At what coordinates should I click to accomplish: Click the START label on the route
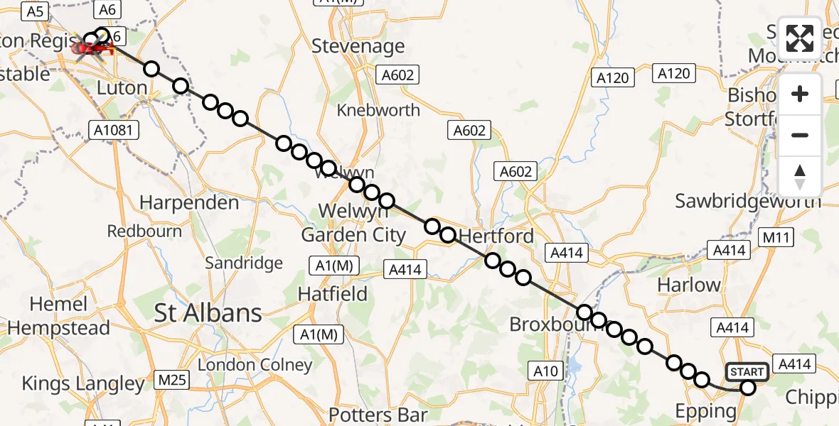(x=747, y=372)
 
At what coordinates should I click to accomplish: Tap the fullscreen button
(x=800, y=38)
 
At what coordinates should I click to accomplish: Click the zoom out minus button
(x=800, y=135)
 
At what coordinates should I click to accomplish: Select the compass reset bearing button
(x=800, y=177)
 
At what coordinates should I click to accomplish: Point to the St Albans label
(x=208, y=312)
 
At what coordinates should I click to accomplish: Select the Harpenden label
(x=189, y=203)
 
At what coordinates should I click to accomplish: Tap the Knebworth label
(x=378, y=110)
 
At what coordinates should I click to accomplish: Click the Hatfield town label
(x=333, y=293)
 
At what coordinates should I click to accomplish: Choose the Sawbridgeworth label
(x=748, y=201)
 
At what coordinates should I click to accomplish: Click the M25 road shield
(x=172, y=381)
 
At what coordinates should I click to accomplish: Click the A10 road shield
(x=546, y=370)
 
